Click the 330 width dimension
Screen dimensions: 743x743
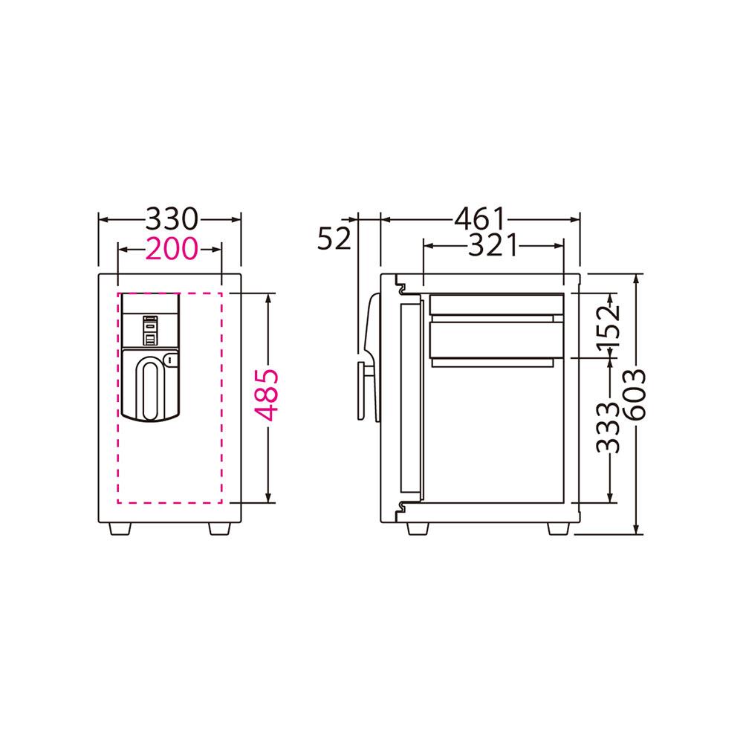[x=171, y=219]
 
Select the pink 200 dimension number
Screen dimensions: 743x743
[x=171, y=248]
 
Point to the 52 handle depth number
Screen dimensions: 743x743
[x=334, y=239]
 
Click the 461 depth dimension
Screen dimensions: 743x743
[x=480, y=219]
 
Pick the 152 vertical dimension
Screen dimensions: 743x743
[x=608, y=328]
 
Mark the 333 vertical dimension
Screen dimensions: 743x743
[x=608, y=428]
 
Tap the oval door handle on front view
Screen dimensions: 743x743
[x=151, y=391]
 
